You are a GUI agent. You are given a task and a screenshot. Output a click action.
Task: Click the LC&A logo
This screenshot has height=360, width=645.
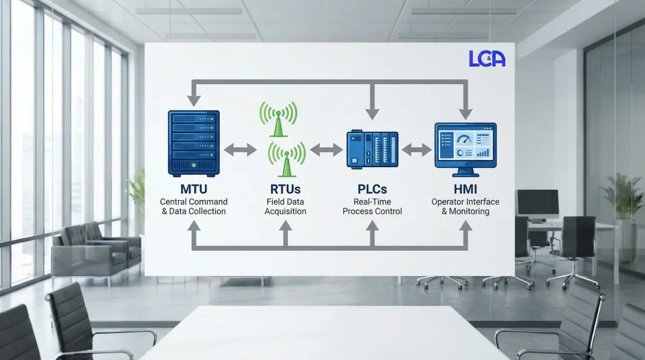tap(487, 59)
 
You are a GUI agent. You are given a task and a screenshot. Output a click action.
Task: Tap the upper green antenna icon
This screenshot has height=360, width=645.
tap(278, 117)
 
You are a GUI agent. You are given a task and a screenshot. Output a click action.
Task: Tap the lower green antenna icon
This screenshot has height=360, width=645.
tap(287, 158)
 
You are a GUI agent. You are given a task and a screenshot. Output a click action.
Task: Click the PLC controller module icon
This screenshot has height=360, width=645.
tap(373, 150)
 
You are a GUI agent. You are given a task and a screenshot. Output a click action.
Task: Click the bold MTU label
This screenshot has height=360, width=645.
tap(193, 189)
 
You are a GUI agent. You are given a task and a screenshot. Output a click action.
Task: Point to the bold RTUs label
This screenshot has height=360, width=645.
tap(285, 189)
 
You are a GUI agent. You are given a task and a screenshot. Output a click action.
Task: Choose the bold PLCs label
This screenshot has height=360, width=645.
tap(372, 189)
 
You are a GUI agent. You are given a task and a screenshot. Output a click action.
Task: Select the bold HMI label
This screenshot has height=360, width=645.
tap(465, 189)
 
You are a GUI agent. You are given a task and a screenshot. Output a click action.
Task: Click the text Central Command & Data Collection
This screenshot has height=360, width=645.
tap(193, 207)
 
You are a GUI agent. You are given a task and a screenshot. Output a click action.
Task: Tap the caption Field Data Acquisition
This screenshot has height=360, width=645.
tap(285, 207)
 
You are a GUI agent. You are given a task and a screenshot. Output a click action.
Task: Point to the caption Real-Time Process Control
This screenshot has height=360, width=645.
tap(372, 207)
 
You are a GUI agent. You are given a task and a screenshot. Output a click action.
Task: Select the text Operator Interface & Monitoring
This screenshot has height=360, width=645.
tap(465, 207)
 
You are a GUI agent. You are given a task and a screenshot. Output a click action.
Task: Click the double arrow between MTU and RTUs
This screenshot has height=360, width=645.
tap(239, 150)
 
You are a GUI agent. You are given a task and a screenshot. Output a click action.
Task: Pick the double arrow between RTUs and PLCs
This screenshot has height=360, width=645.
tap(326, 150)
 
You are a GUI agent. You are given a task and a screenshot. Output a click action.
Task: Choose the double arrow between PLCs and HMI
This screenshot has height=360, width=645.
tap(417, 150)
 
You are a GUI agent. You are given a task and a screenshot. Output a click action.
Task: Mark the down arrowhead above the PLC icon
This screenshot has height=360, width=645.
tap(373, 112)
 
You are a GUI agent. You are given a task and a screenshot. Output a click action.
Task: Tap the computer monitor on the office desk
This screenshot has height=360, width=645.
tap(537, 203)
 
